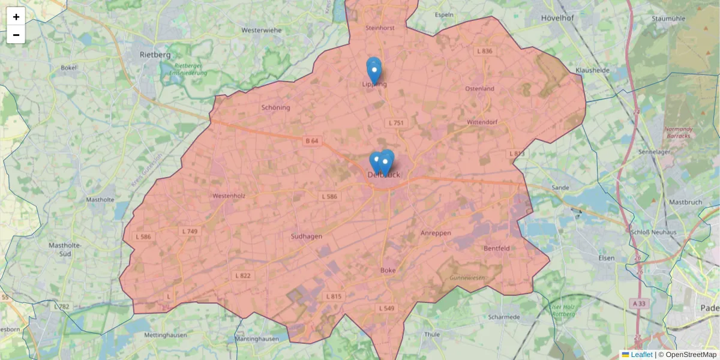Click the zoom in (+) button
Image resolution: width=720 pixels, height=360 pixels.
(16, 16)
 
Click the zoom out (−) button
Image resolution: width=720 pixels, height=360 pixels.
(16, 35)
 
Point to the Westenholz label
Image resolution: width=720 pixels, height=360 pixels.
(229, 196)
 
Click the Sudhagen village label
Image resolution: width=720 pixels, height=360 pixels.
(306, 236)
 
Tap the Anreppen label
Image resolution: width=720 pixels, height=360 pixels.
(436, 233)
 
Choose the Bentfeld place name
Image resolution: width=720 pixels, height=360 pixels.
(497, 248)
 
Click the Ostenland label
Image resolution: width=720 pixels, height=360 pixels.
(479, 89)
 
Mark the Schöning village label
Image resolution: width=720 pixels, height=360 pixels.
(275, 108)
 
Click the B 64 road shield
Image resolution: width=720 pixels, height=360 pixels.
(312, 141)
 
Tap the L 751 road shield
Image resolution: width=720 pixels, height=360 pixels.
(397, 123)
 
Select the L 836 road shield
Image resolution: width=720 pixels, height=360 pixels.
(484, 51)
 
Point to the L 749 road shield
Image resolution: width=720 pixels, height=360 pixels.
(190, 231)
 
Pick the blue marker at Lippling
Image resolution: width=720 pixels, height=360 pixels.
(374, 70)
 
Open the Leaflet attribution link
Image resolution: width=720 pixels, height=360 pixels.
(641, 355)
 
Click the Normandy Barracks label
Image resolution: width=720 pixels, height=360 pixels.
(679, 132)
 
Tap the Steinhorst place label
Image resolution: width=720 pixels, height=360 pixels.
(380, 28)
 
